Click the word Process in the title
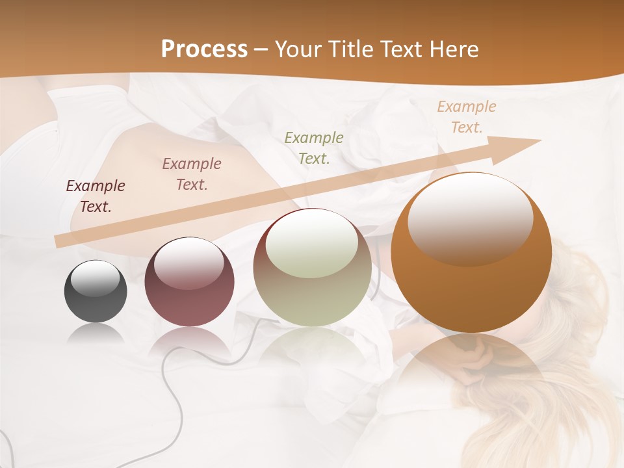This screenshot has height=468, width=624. pyautogui.click(x=204, y=49)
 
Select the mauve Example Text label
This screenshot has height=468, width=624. pyautogui.click(x=192, y=174)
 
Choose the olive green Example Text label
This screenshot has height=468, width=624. pyautogui.click(x=314, y=148)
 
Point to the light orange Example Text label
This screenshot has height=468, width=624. pyautogui.click(x=467, y=117)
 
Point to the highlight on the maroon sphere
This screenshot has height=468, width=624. pyautogui.click(x=188, y=263)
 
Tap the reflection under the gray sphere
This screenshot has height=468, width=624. pyautogui.click(x=96, y=334)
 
